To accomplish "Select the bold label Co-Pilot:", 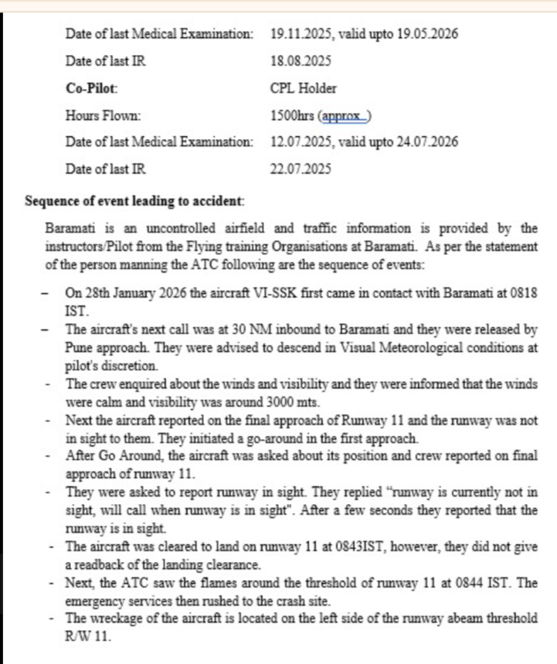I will [92, 88].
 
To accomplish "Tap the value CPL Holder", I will [304, 88].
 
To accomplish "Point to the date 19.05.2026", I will [427, 34].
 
